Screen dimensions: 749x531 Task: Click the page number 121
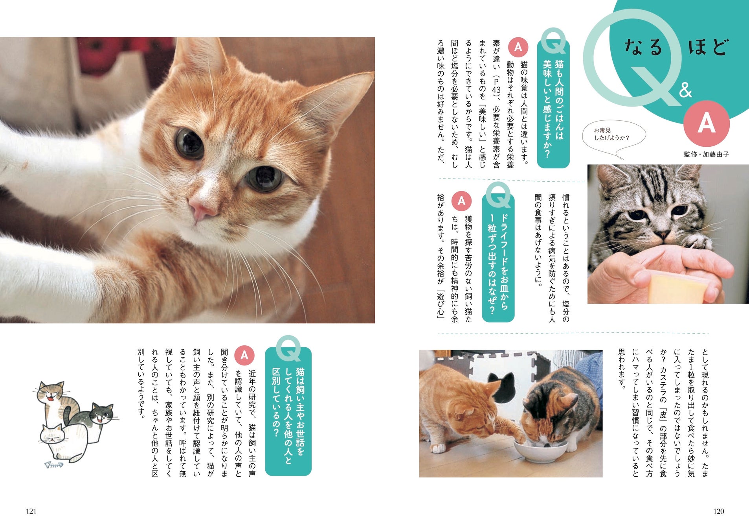(x=31, y=511)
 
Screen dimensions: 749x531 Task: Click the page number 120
(x=718, y=511)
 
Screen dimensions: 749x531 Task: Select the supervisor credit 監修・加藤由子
(x=706, y=154)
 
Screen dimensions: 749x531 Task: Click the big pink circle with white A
(x=706, y=124)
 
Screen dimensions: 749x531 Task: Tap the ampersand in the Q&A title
(x=685, y=90)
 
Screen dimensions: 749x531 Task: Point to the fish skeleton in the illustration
(x=54, y=465)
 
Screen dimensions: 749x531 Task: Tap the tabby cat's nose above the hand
(x=663, y=235)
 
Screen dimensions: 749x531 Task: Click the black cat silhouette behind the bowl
(x=501, y=387)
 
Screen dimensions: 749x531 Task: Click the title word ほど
(x=708, y=48)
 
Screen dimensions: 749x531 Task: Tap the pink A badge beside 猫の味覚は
(x=518, y=47)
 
